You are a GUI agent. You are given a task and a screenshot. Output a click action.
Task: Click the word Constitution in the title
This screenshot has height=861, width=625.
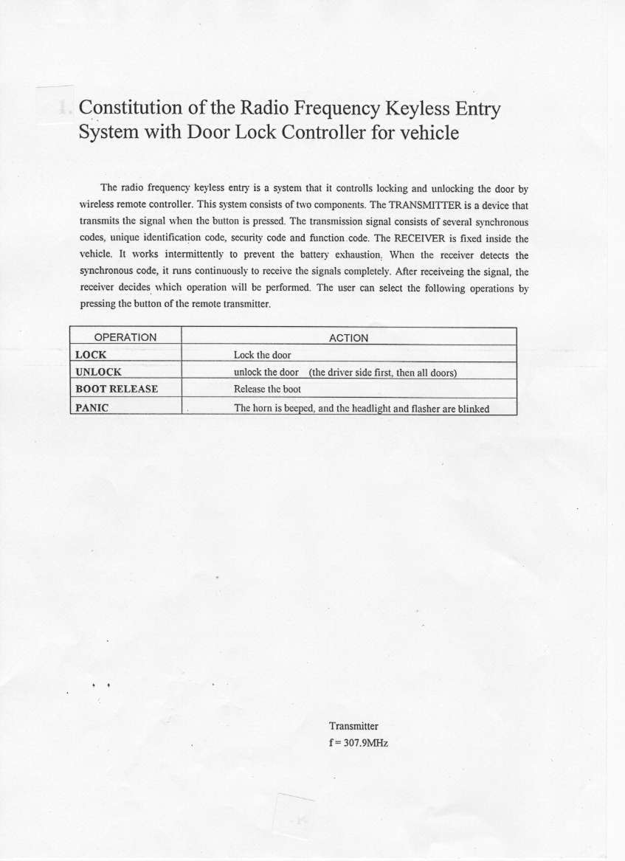(130, 108)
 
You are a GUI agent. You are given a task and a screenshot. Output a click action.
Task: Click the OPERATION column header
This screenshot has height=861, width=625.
(125, 337)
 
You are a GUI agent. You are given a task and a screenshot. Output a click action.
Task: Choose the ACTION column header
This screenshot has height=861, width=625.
(348, 338)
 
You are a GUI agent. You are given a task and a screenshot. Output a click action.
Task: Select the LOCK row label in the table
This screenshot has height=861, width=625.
(91, 355)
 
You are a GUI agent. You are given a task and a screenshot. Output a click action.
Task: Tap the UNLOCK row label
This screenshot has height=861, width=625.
(98, 372)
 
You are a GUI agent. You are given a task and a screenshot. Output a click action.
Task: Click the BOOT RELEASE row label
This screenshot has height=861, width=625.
(117, 389)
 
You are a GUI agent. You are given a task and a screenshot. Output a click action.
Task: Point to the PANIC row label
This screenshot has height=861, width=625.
(92, 407)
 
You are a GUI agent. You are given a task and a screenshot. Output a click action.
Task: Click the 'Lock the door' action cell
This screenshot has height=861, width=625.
(262, 355)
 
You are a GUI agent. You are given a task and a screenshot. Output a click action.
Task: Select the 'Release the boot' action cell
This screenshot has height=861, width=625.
(267, 389)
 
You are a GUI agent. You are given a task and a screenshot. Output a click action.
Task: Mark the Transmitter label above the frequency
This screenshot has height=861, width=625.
(353, 726)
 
